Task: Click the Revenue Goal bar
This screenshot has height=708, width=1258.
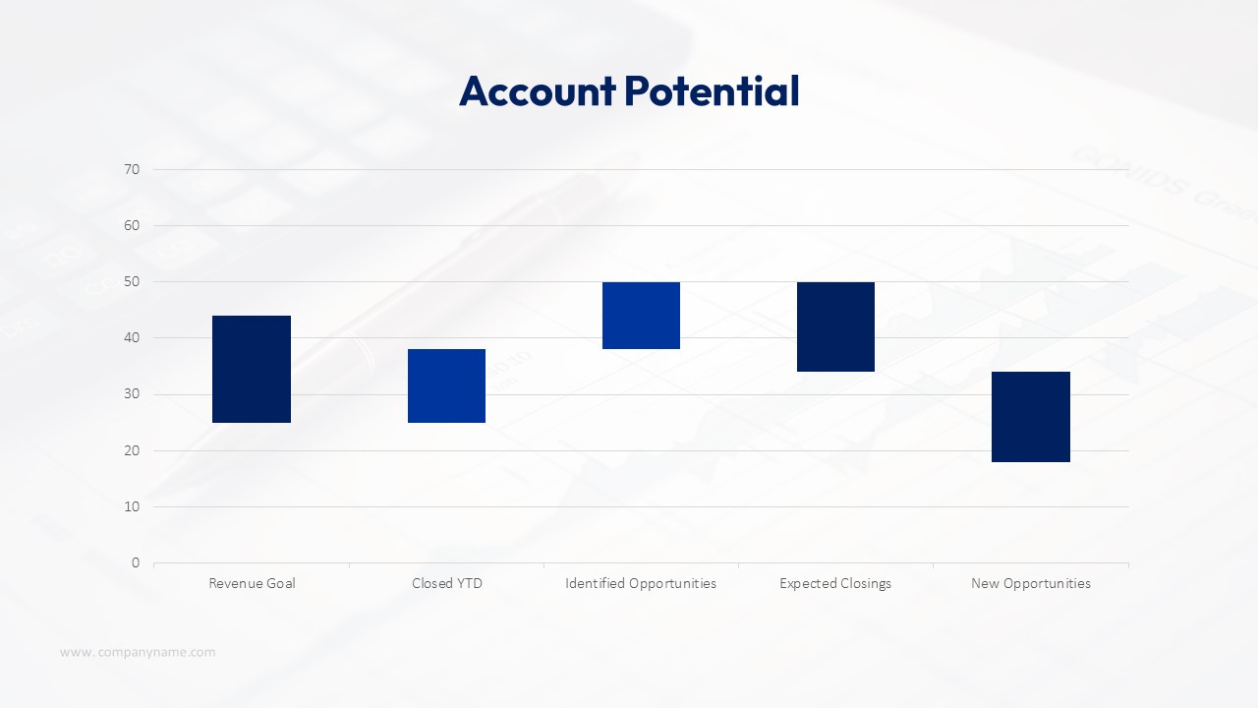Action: click(x=252, y=369)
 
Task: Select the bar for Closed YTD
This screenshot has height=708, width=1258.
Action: click(x=446, y=385)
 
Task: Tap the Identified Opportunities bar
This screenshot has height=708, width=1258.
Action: click(x=641, y=316)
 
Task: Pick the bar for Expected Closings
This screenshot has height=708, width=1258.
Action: click(x=835, y=326)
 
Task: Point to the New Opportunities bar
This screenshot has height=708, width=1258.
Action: click(x=1031, y=417)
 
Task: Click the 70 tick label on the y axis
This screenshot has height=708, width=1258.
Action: click(x=132, y=169)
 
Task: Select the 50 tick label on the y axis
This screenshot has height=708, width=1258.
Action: click(x=132, y=282)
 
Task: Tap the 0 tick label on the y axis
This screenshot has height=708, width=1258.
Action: click(x=136, y=563)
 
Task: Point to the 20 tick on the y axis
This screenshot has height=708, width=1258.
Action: click(x=132, y=450)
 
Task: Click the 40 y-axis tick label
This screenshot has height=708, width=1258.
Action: click(x=132, y=338)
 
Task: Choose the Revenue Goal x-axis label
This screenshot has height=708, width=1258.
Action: click(x=252, y=583)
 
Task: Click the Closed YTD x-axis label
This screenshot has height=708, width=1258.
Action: click(x=447, y=583)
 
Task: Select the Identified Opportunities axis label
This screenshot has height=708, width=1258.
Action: click(x=641, y=583)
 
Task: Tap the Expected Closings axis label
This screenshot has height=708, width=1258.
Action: click(x=835, y=583)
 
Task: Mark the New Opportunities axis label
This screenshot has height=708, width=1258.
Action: click(x=1031, y=583)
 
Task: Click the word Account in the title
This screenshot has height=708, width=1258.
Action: click(x=537, y=91)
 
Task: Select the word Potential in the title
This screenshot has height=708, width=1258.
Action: click(x=712, y=91)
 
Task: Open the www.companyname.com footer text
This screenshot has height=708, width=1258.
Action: click(x=138, y=652)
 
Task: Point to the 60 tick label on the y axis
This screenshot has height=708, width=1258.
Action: click(x=132, y=225)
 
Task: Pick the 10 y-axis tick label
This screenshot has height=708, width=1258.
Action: click(x=132, y=506)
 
